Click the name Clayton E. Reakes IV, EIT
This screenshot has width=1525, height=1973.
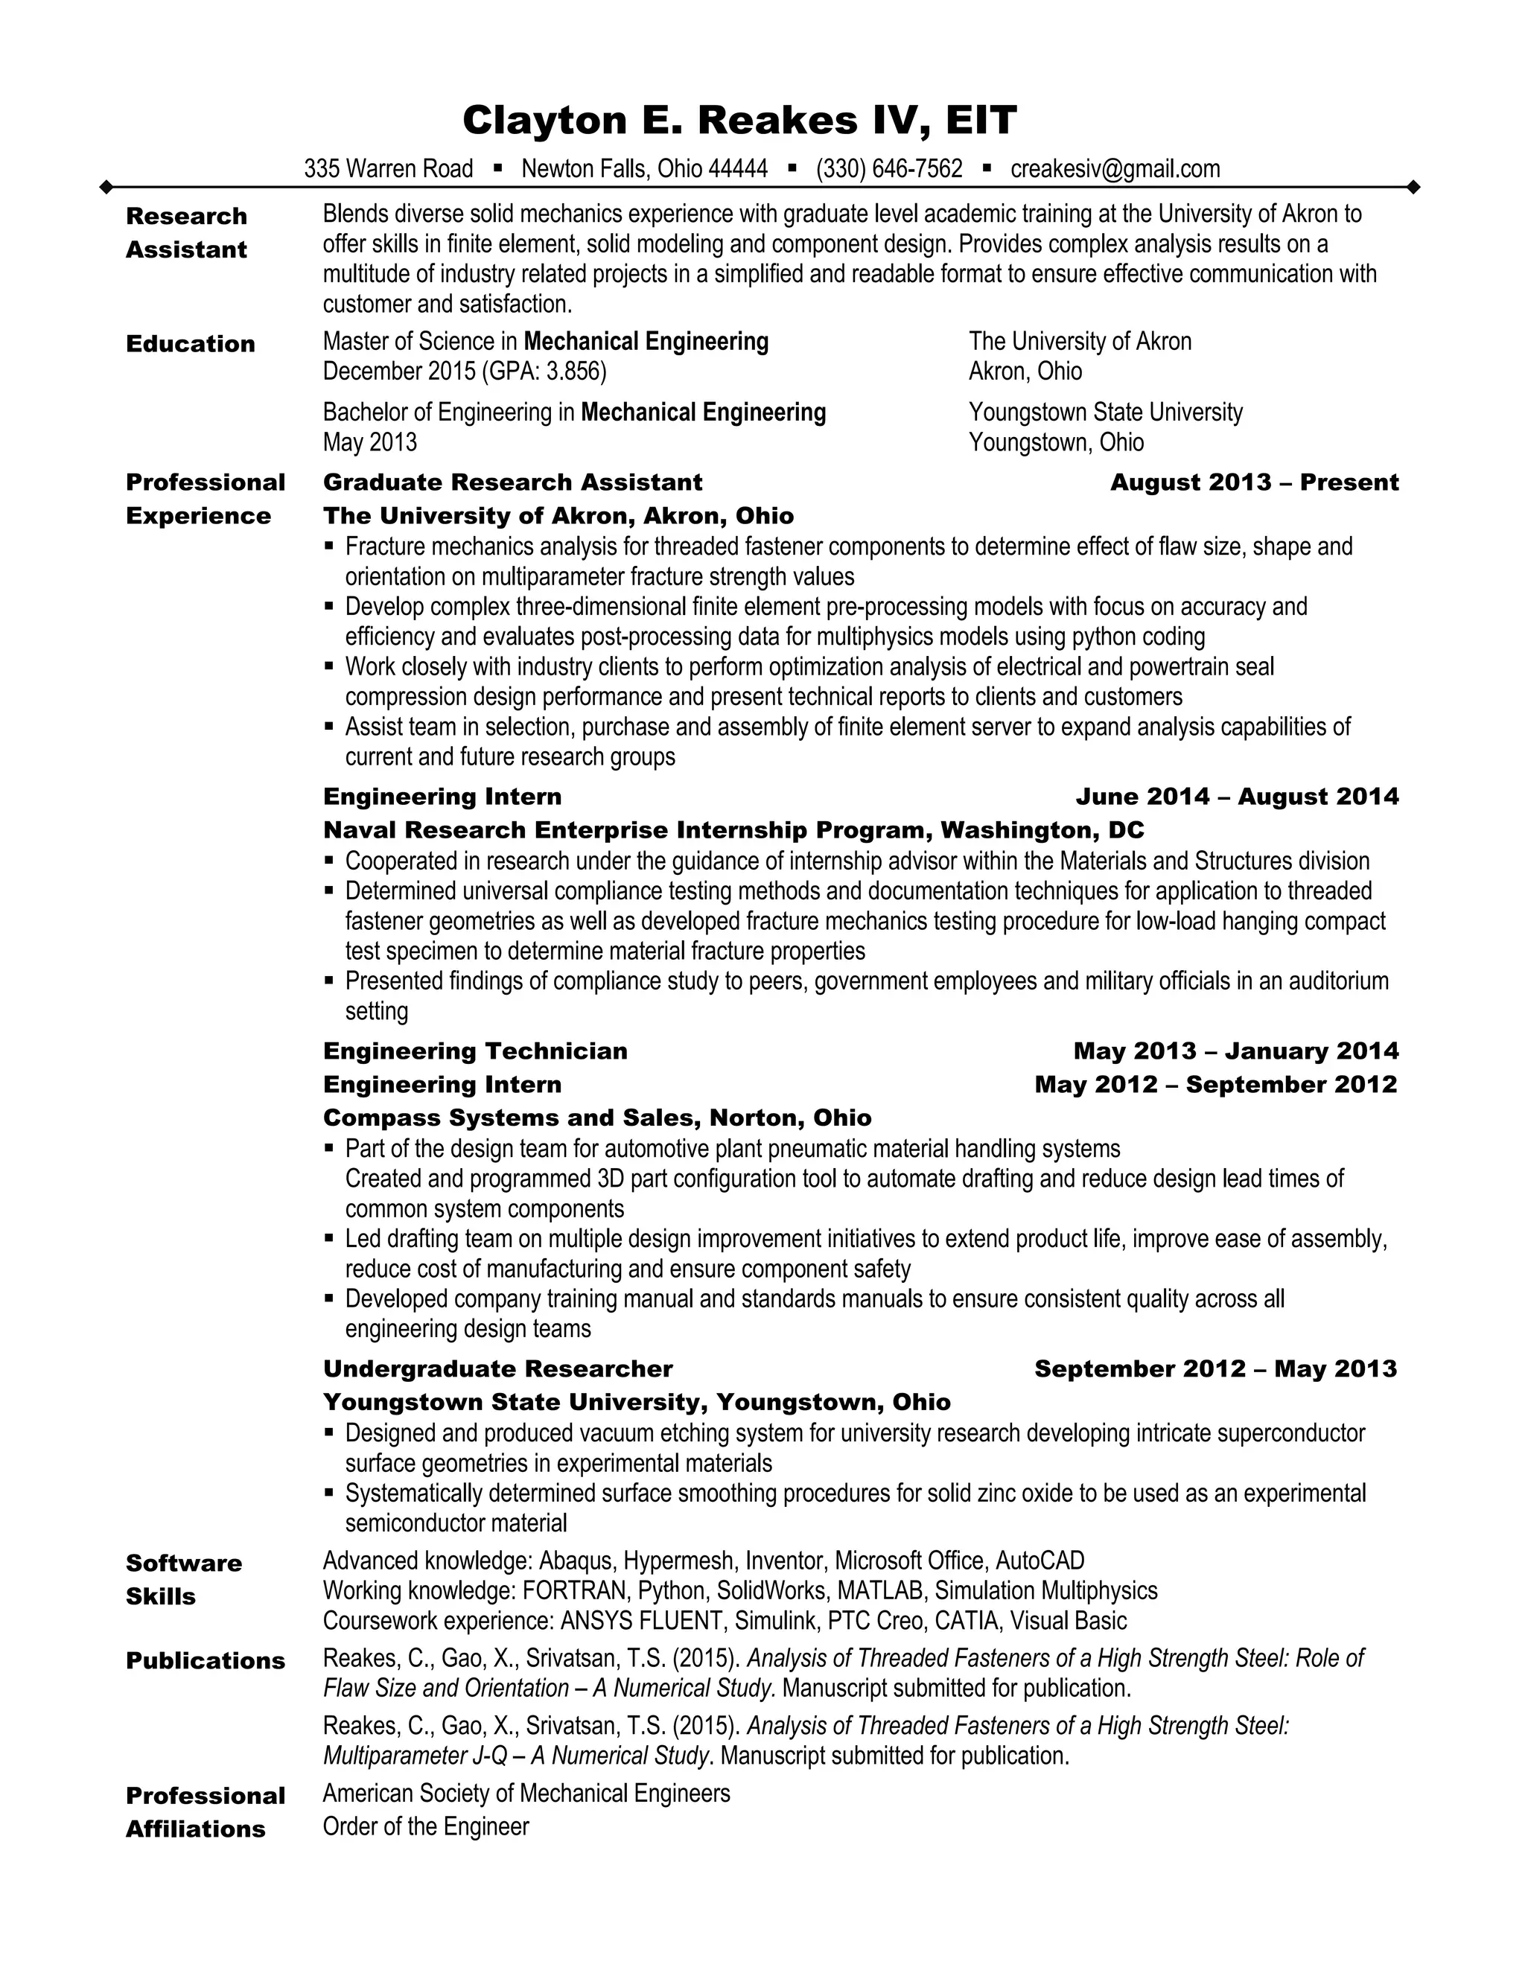tap(739, 120)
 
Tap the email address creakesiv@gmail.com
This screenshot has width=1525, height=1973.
tap(1115, 169)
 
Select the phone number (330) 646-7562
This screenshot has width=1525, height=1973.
tap(889, 169)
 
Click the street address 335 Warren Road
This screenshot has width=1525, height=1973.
tap(389, 169)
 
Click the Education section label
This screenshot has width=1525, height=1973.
tap(191, 344)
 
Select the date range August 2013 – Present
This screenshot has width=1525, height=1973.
tap(1254, 482)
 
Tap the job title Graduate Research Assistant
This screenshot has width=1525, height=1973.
tap(512, 482)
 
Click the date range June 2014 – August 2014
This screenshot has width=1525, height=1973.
tap(1237, 797)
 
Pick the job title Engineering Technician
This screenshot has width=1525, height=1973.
tap(475, 1051)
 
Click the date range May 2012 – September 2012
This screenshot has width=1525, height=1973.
tap(1215, 1085)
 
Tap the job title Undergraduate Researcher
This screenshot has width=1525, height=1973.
tap(498, 1369)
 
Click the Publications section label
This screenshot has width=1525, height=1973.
tap(205, 1661)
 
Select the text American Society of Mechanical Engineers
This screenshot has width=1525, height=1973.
tap(526, 1794)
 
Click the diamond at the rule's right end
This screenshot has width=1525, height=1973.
tap(1414, 188)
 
